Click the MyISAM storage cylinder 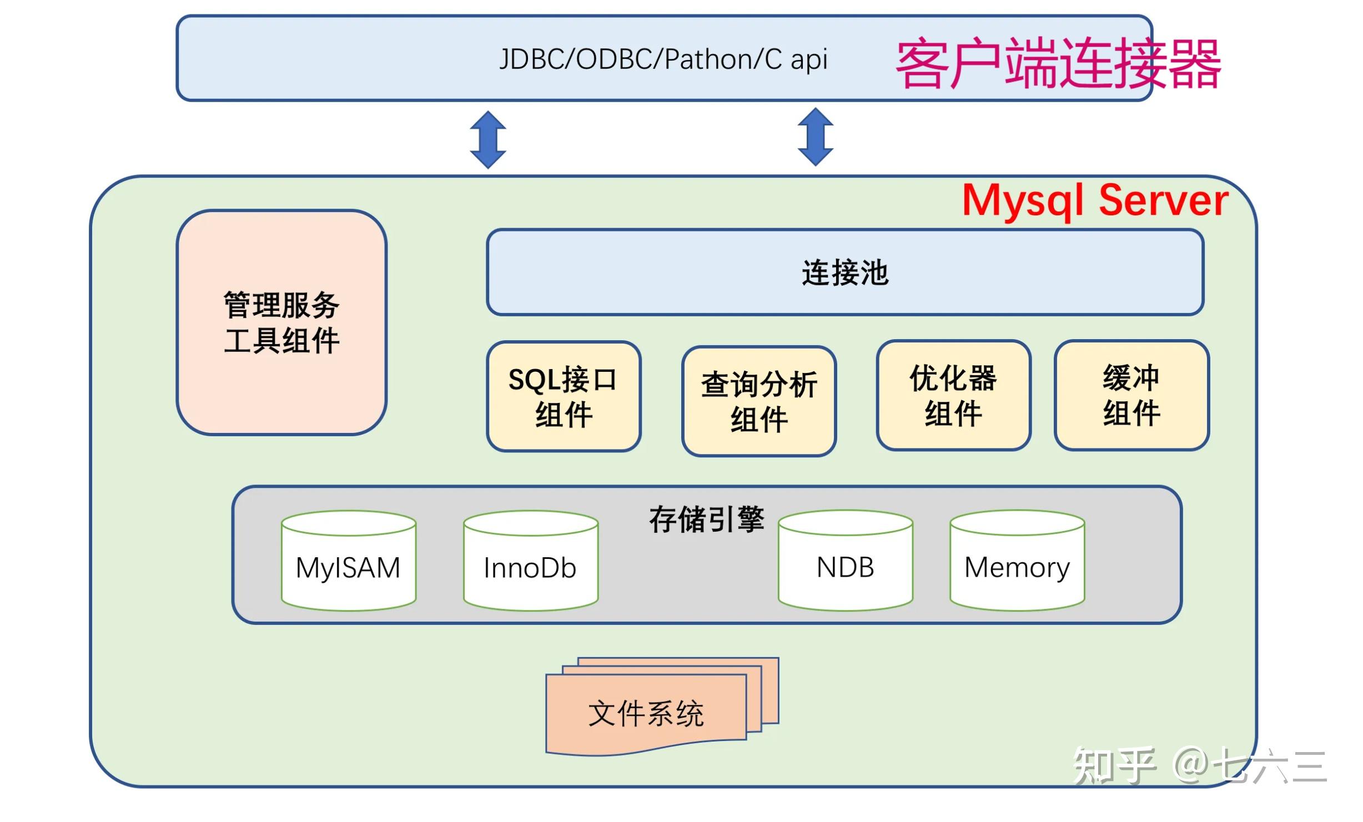(x=349, y=562)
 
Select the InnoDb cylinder (x=531, y=562)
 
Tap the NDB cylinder (x=845, y=562)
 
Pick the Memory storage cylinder (x=1017, y=562)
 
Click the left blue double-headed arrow (x=488, y=140)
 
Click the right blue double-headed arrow (x=815, y=137)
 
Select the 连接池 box (x=845, y=273)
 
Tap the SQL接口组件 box (x=564, y=396)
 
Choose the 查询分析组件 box (x=759, y=401)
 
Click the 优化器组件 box (x=953, y=395)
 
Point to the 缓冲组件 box (x=1131, y=395)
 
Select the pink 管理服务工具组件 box (x=281, y=322)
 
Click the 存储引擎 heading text (x=706, y=520)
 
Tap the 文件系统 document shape (x=647, y=713)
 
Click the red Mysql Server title (x=1094, y=201)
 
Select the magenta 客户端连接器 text (x=1058, y=63)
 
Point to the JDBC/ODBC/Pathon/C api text (x=663, y=59)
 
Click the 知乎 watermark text (x=1114, y=766)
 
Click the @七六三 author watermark (x=1249, y=766)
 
